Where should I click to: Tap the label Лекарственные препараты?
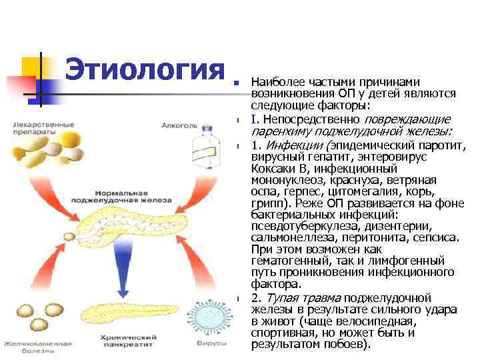[37, 127]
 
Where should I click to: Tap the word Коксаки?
[273, 169]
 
